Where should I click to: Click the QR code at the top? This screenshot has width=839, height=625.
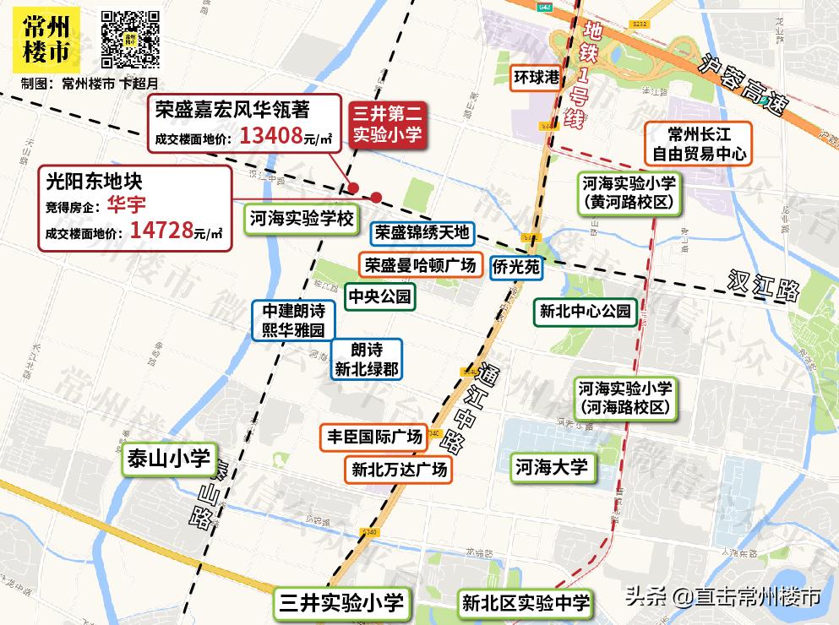(131, 38)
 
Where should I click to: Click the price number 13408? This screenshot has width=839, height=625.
(270, 136)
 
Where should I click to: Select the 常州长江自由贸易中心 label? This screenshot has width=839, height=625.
(697, 144)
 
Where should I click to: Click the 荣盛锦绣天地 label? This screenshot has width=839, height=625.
(422, 234)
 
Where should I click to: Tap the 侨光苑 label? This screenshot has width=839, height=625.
(515, 266)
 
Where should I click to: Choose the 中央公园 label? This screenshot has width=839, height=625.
(379, 296)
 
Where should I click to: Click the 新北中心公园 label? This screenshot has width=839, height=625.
(586, 311)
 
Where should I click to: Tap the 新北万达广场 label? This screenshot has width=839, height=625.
(399, 469)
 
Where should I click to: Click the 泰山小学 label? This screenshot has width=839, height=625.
(168, 459)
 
